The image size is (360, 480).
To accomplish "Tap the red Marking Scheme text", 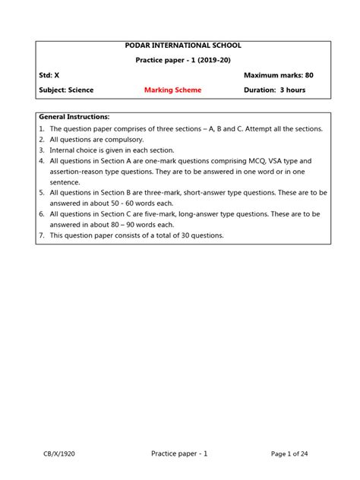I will pyautogui.click(x=172, y=90).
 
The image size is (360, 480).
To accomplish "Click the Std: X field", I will pyautogui.click(x=49, y=75).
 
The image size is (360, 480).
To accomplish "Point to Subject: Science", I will pyautogui.click(x=66, y=90).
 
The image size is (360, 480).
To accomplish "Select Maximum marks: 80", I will pyautogui.click(x=278, y=75).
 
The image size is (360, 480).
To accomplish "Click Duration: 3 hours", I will pyautogui.click(x=274, y=90).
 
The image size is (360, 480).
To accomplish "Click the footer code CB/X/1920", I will pyautogui.click(x=58, y=453).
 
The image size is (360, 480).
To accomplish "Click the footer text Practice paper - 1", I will pyautogui.click(x=180, y=453).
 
